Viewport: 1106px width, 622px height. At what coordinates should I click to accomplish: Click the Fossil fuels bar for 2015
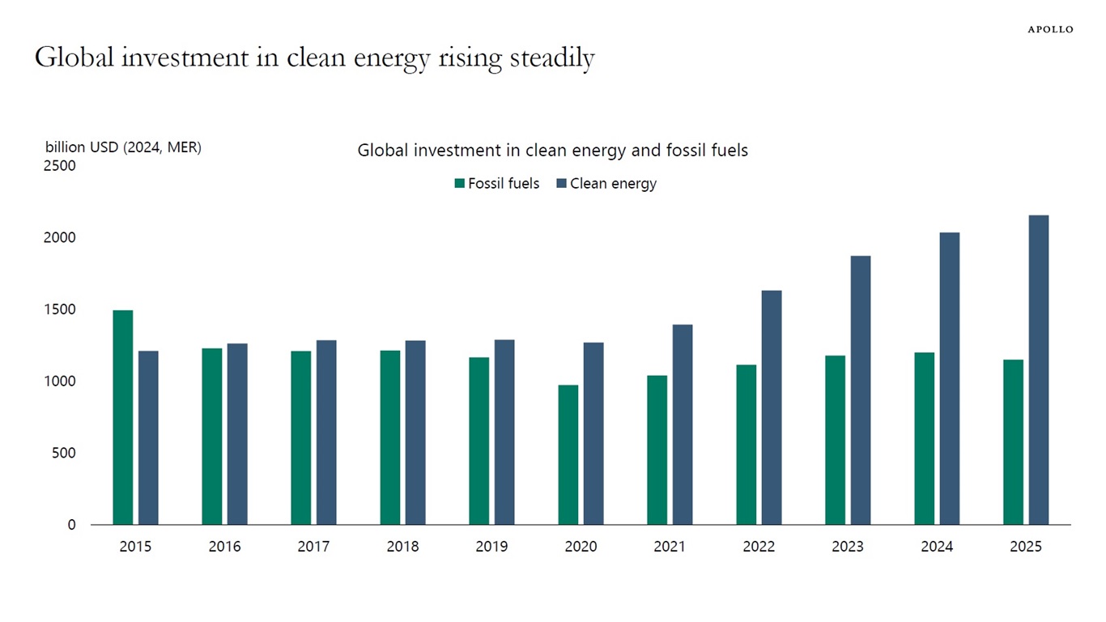(123, 417)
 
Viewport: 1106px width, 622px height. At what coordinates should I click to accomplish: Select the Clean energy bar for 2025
(1038, 370)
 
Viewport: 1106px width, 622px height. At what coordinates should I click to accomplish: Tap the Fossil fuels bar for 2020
(568, 454)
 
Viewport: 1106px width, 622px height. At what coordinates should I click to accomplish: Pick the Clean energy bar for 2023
(860, 390)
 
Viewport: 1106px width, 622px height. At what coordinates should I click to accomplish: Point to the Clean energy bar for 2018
(415, 432)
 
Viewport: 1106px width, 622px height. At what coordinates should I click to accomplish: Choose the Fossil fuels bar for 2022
(747, 445)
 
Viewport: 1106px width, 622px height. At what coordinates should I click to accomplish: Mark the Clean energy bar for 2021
(682, 424)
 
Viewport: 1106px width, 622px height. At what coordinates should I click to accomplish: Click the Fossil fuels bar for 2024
(925, 438)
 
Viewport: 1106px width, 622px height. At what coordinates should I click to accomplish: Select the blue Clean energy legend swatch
(562, 184)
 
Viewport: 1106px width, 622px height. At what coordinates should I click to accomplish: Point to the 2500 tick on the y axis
(60, 166)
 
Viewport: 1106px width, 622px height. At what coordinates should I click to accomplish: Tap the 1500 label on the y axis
(60, 309)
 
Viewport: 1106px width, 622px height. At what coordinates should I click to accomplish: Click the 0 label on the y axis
(71, 525)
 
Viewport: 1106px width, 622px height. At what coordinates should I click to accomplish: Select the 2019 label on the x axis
(491, 547)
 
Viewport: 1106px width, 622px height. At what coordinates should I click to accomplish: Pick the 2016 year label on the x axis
(224, 547)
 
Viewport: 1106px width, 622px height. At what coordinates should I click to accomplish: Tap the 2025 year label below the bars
(1026, 547)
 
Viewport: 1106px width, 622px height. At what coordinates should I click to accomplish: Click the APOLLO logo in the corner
(1050, 29)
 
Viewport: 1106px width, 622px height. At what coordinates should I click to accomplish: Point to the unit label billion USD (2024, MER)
(123, 147)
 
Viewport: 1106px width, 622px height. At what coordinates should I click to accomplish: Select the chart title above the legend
(552, 151)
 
